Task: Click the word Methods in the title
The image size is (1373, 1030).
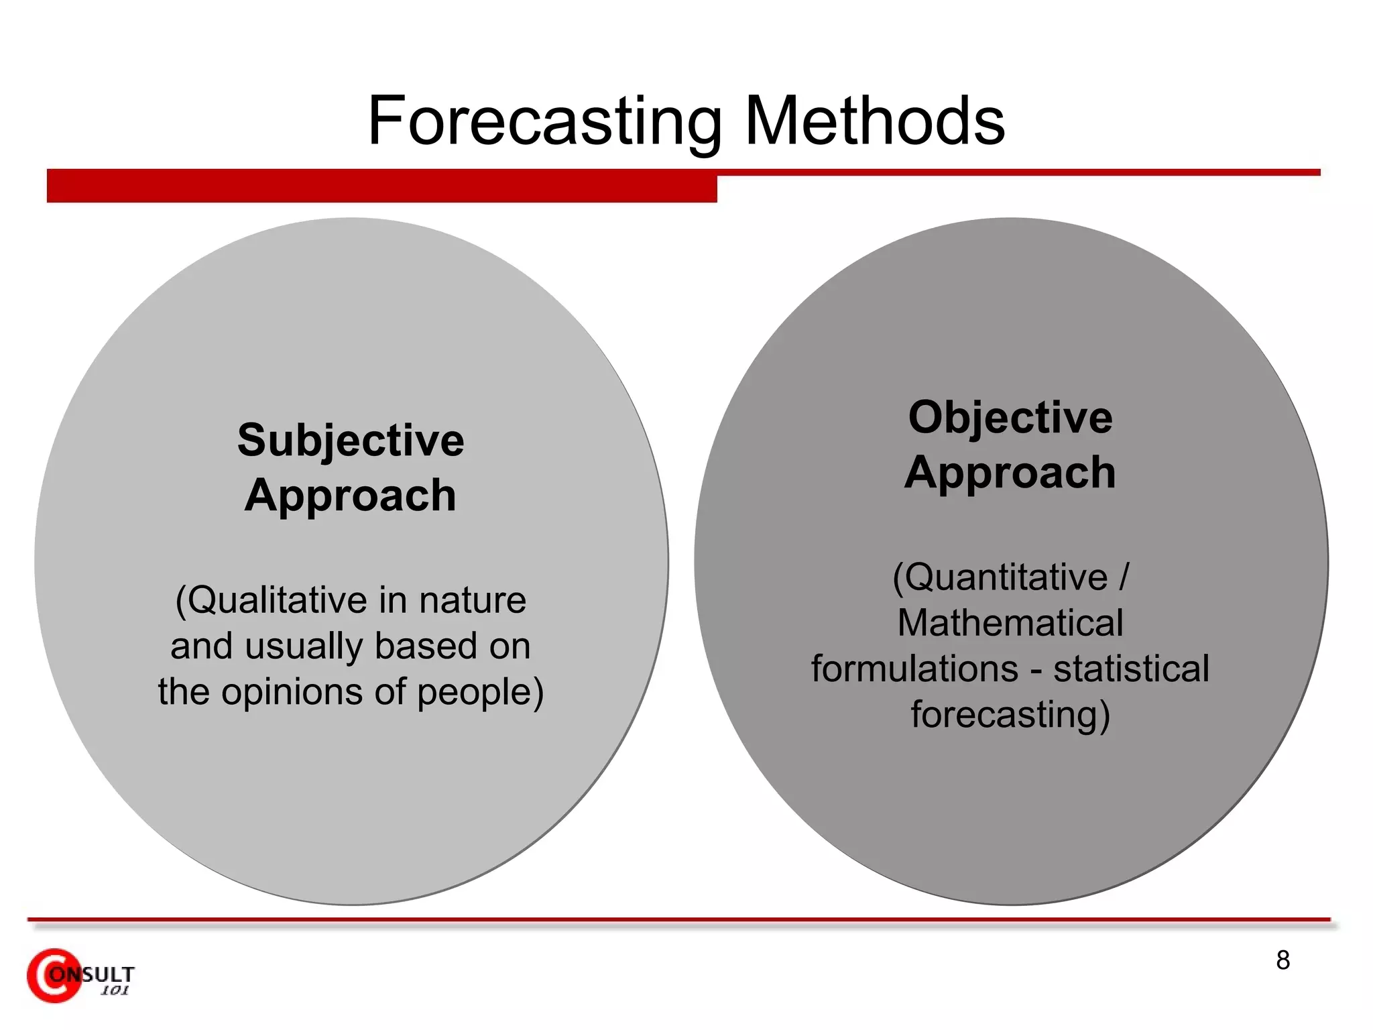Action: tap(874, 121)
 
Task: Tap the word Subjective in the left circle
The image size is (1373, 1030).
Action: tap(351, 441)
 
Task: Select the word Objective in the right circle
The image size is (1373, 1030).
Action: tap(1010, 417)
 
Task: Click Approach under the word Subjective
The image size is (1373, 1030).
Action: tap(351, 496)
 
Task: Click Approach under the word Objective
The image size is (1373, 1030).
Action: tap(1010, 472)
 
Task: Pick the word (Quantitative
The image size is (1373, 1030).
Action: tap(1000, 577)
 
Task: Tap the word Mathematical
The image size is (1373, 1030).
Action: tap(1010, 623)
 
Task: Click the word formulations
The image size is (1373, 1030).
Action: tap(915, 669)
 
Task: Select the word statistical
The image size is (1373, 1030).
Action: tap(1132, 669)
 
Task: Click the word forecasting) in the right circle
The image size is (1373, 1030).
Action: tap(1010, 714)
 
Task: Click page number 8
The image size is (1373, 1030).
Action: tap(1282, 960)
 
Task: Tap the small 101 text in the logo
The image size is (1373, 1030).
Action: tap(115, 991)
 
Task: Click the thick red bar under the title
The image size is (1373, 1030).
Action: tap(381, 186)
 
